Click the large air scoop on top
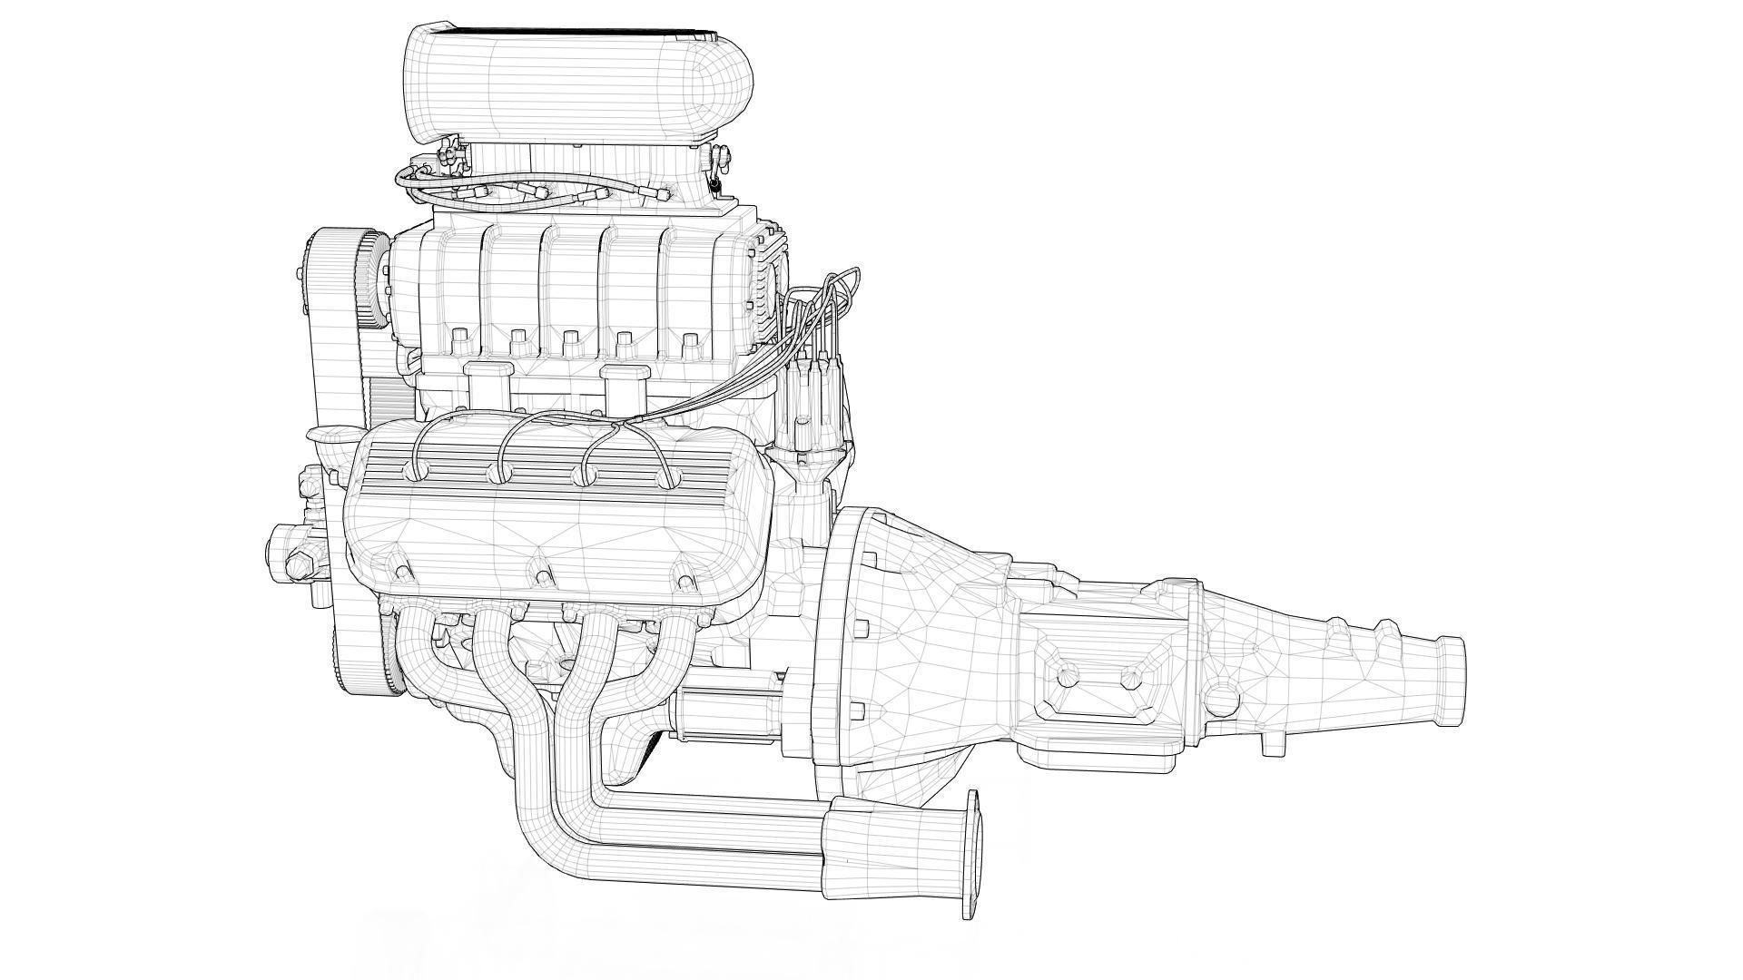[581, 86]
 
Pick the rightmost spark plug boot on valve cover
[669, 479]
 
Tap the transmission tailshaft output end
[1448, 670]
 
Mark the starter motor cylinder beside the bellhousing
[726, 708]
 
